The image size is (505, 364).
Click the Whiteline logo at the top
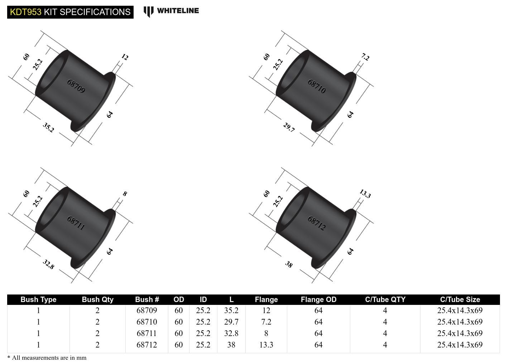click(x=171, y=11)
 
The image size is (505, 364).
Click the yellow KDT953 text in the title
click(x=25, y=12)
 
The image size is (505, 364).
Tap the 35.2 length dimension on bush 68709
click(x=48, y=127)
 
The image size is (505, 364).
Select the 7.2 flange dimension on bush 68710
click(x=365, y=57)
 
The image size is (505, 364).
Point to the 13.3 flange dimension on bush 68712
click(x=365, y=194)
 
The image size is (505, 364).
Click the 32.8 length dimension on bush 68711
click(x=48, y=264)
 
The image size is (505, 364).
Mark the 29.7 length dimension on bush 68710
click(x=289, y=127)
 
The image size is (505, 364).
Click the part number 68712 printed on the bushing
click(x=317, y=223)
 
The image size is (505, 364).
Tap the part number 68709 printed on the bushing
click(x=76, y=86)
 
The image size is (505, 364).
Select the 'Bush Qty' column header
click(x=97, y=300)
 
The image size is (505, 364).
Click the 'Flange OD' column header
click(x=318, y=300)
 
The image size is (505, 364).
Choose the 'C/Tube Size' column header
click(x=460, y=300)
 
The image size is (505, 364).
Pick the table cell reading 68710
click(x=146, y=322)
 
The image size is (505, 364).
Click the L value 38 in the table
click(x=231, y=345)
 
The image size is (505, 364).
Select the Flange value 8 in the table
click(x=266, y=333)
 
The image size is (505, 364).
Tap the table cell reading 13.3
click(x=266, y=345)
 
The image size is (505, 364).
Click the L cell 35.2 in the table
click(x=231, y=310)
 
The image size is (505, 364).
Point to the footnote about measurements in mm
click(x=47, y=358)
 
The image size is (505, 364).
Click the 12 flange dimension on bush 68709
click(x=125, y=57)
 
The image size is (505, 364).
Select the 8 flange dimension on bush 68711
click(x=125, y=194)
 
